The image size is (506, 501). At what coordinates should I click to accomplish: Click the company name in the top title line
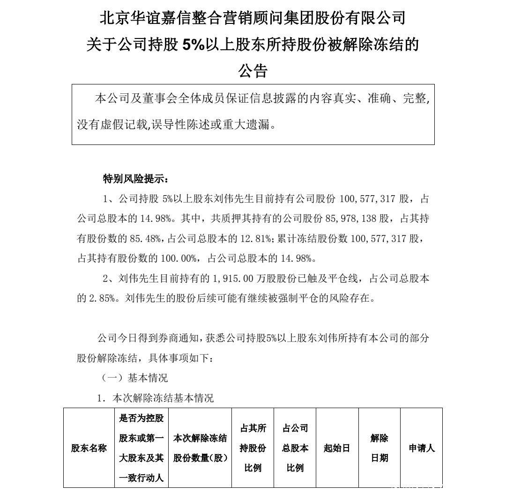253,19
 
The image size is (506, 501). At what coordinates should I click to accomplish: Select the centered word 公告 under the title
253,71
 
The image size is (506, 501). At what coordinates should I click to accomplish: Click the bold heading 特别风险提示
135,179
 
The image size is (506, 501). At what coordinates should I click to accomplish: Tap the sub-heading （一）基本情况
135,378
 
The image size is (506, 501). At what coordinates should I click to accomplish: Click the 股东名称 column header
89,448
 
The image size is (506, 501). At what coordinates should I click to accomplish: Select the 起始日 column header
337,448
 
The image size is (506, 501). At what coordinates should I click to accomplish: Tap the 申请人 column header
422,448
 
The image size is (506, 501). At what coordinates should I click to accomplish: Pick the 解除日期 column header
379,448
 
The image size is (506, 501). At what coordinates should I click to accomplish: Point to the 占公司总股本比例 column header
295,448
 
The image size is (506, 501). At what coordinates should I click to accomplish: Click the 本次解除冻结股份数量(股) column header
200,448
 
